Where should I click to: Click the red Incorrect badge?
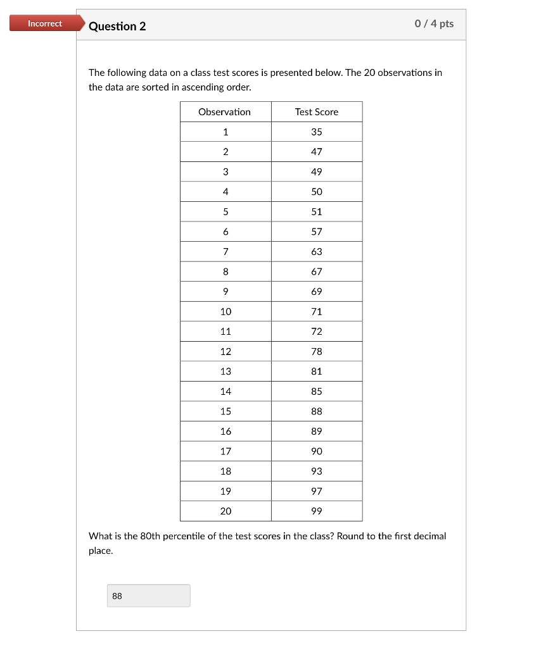coord(45,24)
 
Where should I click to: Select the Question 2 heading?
coord(117,26)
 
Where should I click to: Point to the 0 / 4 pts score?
coord(434,23)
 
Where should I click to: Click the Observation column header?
coord(224,112)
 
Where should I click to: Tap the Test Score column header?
coord(316,112)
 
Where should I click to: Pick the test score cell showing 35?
coord(316,132)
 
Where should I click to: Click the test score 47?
coord(316,152)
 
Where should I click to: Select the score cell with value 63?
coord(316,252)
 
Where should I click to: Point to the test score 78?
coord(316,351)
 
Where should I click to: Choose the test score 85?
coord(316,391)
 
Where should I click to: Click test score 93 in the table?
coord(316,471)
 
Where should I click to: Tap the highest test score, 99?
coord(316,511)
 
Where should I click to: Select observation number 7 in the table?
coord(226,252)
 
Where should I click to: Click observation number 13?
coord(226,371)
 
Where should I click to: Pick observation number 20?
coord(226,511)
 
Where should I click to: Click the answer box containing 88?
coord(149,595)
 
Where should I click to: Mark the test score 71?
coord(316,311)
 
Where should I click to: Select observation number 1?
coord(226,132)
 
